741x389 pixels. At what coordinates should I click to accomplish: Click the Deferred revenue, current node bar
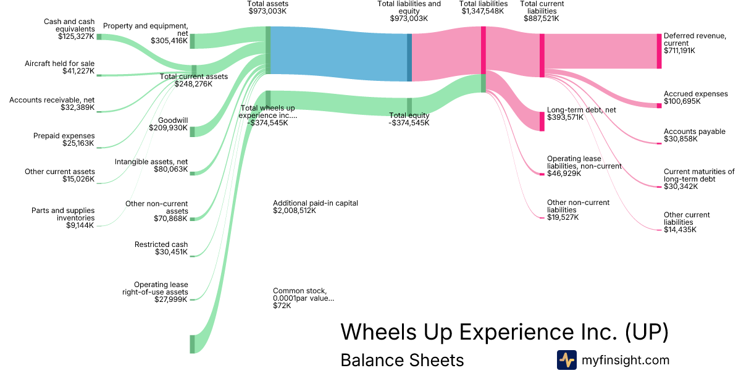pos(659,51)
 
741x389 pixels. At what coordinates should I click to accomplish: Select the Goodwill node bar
pos(192,132)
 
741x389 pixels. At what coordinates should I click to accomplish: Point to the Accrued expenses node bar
pos(659,106)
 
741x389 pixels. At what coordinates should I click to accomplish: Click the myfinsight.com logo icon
pos(566,360)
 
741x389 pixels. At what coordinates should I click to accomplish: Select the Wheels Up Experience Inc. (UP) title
pos(504,332)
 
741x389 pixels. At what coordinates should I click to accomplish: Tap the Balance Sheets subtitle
pos(402,360)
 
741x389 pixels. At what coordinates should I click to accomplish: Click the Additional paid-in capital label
pos(315,203)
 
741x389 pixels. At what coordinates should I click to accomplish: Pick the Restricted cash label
pos(161,245)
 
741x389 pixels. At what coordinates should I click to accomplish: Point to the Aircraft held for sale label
pos(60,63)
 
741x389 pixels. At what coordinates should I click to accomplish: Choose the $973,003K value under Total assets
pos(267,11)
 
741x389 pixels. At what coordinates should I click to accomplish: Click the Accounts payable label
pos(694,132)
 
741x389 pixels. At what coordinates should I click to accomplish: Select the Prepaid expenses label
pos(64,135)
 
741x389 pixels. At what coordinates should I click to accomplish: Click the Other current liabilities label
pos(687,219)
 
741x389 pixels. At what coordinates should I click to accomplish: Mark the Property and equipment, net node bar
pos(192,41)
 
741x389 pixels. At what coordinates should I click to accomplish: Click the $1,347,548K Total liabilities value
pos(484,11)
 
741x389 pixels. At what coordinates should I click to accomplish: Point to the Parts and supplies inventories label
pos(63,214)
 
